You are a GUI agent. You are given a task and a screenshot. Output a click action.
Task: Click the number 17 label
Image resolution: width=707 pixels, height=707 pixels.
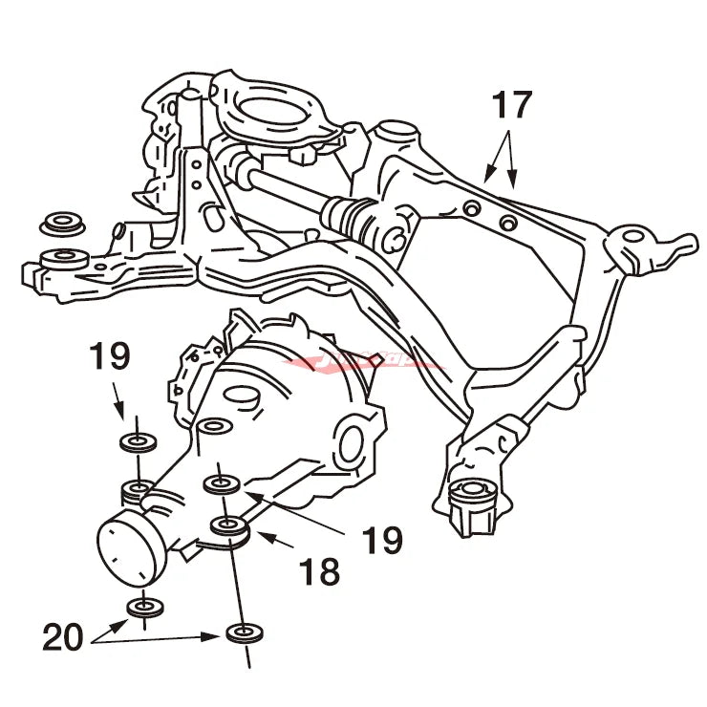[x=511, y=105]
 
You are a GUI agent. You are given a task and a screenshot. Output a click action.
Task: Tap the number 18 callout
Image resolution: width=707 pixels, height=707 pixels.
[x=320, y=572]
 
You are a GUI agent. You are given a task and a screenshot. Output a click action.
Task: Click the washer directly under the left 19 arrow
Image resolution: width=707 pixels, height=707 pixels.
[x=139, y=441]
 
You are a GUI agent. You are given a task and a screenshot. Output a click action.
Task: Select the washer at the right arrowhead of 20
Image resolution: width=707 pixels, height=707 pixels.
[x=244, y=632]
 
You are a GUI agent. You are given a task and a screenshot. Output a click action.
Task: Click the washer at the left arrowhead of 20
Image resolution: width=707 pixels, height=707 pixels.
[x=145, y=607]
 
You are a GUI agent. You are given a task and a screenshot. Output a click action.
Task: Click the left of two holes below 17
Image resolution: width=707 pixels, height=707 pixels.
[x=469, y=209]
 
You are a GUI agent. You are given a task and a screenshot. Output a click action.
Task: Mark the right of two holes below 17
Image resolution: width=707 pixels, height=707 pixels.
[x=508, y=224]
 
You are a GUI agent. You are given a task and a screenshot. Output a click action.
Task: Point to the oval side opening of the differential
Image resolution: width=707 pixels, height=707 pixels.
[x=349, y=442]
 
